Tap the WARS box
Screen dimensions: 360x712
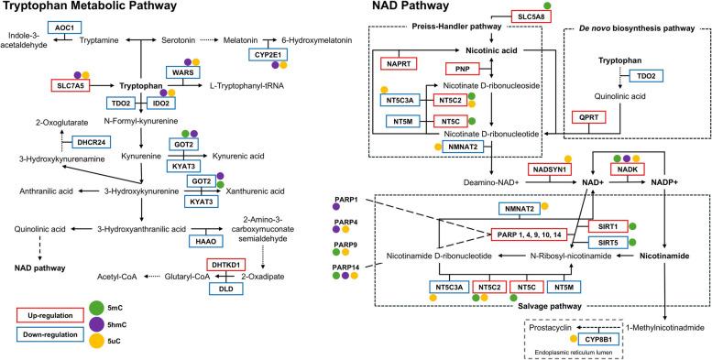181,71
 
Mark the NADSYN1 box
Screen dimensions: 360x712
548,169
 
